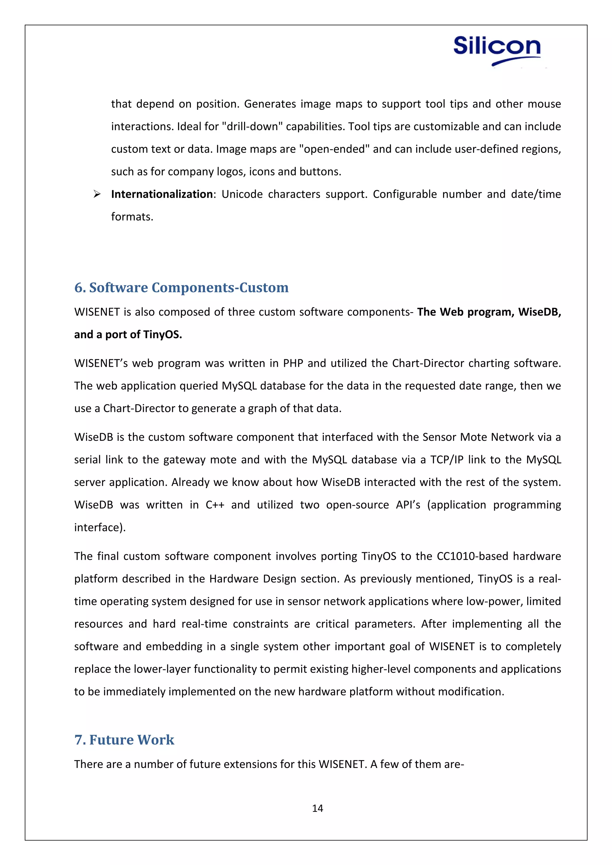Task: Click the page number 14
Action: tap(317, 808)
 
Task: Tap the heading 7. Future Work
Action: tap(124, 740)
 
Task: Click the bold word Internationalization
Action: tap(162, 194)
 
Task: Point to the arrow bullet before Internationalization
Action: tap(97, 194)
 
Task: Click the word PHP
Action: tap(293, 363)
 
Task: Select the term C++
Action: tap(215, 505)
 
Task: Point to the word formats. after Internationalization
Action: tap(132, 217)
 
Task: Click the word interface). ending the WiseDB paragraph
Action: tap(100, 527)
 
